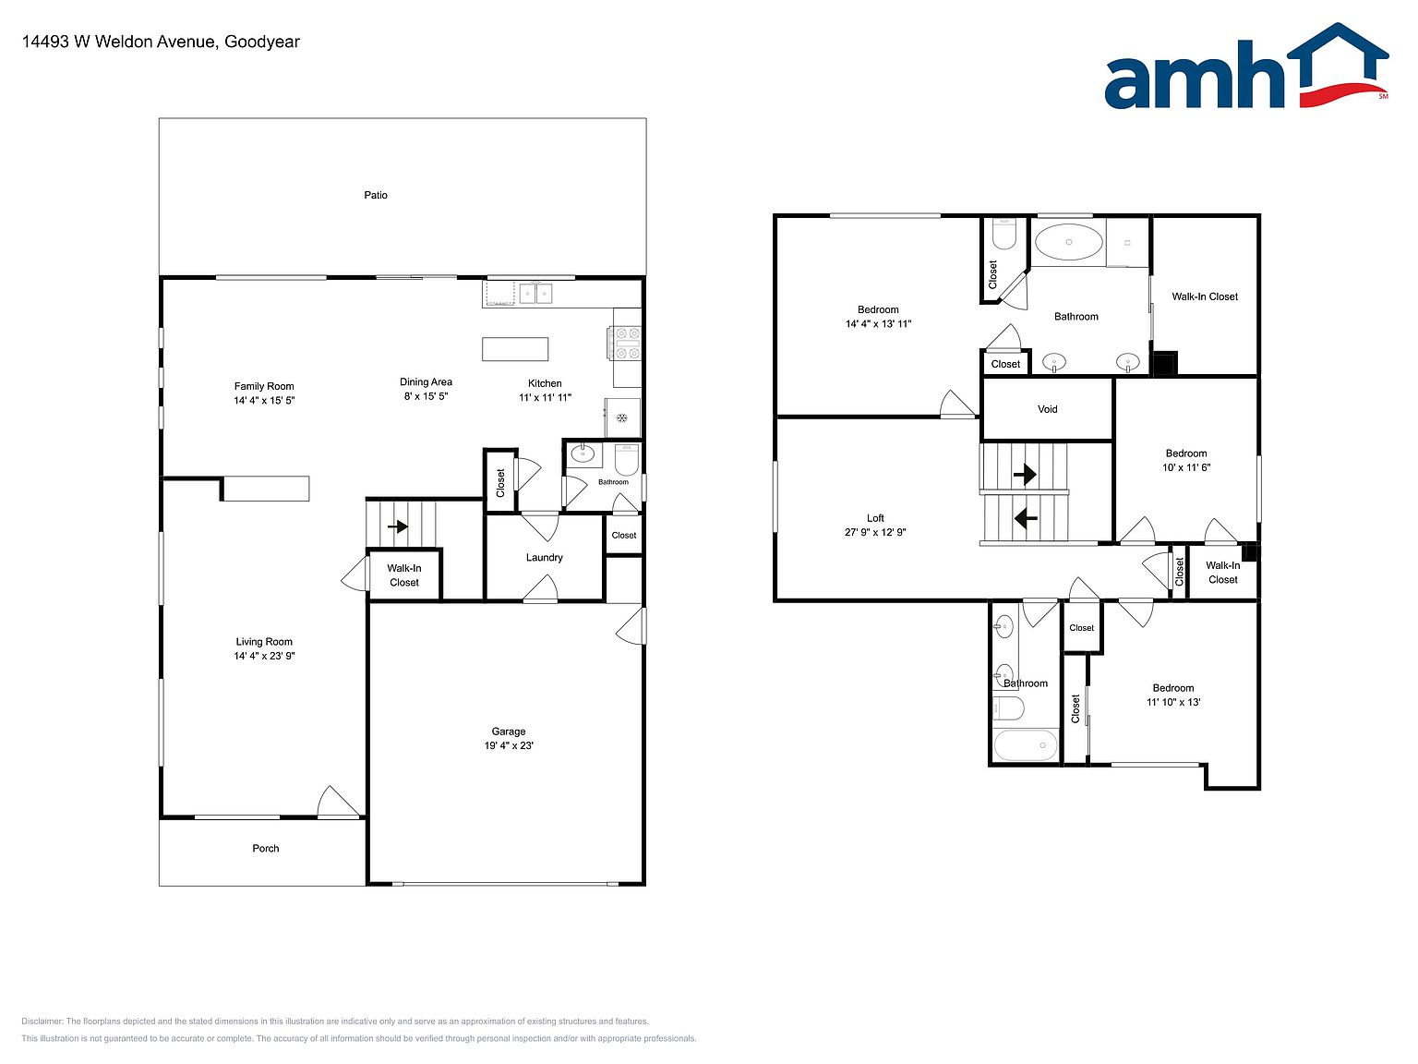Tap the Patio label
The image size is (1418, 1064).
[376, 195]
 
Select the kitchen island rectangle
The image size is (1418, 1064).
[515, 349]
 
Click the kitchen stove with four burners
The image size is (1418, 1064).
[624, 343]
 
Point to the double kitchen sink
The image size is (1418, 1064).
[536, 294]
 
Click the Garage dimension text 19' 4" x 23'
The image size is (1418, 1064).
[509, 744]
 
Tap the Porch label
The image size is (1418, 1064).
[266, 848]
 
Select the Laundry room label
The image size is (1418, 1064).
[544, 558]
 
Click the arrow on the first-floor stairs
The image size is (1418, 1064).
[397, 526]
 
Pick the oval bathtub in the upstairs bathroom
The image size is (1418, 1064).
[1068, 242]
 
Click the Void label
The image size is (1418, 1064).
[1047, 409]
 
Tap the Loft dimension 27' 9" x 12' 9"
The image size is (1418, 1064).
[874, 532]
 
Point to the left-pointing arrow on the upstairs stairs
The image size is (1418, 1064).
[1026, 518]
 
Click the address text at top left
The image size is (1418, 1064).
[161, 42]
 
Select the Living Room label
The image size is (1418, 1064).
[264, 642]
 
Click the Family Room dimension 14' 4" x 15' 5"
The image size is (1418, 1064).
[264, 401]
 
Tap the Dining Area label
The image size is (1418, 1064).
[426, 381]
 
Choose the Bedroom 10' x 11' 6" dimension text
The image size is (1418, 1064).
[1186, 467]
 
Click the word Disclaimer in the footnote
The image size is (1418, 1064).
[42, 1022]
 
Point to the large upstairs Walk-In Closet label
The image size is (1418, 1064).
[1205, 296]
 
